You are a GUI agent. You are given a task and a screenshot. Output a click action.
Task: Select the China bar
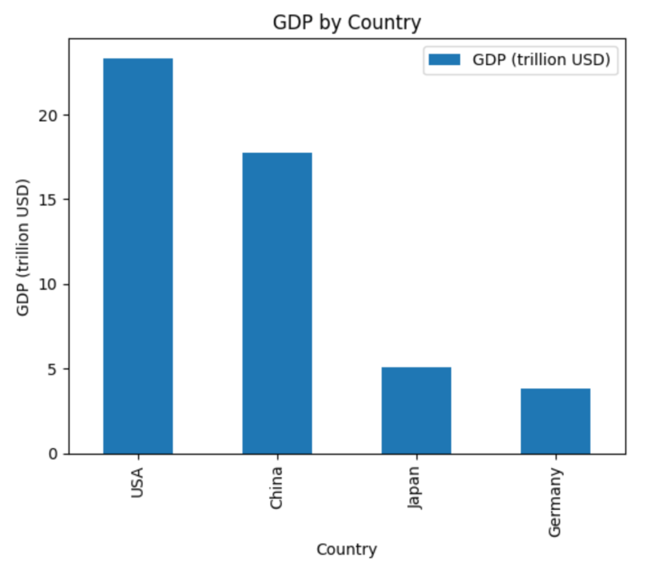(277, 303)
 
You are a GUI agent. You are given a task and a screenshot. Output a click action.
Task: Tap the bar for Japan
(416, 411)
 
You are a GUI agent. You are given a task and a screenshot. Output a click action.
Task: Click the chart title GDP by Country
(347, 23)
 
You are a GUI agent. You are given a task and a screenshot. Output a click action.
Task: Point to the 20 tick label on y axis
(53, 115)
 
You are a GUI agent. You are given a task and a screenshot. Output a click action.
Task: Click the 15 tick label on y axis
(53, 200)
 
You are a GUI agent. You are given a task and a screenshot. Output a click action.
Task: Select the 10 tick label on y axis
(53, 284)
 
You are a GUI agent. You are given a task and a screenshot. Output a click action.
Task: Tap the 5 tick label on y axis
(57, 369)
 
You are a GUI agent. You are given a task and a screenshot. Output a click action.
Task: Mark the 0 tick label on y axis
(57, 454)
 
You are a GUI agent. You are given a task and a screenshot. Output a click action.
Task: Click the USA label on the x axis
(137, 482)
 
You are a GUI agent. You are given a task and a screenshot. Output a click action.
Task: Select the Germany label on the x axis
(555, 502)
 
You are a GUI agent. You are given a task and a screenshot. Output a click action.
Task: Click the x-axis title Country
(347, 550)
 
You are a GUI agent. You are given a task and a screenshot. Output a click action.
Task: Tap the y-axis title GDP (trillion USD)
(24, 247)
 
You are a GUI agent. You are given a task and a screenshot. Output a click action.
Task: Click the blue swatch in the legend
(445, 59)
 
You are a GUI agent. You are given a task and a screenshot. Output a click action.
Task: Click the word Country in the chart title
(384, 23)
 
